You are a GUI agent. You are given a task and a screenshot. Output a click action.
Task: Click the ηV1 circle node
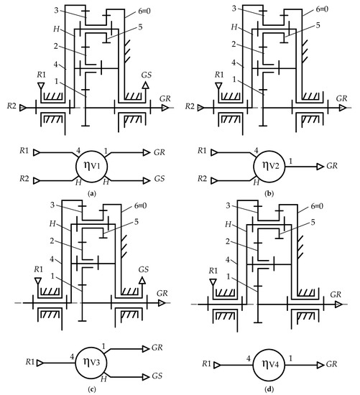pos(92,167)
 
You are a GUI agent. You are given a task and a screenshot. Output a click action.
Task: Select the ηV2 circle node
pos(269,167)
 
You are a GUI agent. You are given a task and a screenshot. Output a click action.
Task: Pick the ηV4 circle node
pos(269,365)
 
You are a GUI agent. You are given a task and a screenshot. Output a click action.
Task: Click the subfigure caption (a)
pos(91,194)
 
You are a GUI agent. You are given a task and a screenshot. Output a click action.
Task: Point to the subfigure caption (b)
pos(269,194)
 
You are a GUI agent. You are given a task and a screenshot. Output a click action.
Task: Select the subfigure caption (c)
pos(91,389)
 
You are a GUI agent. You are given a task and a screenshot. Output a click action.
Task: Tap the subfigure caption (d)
pos(269,389)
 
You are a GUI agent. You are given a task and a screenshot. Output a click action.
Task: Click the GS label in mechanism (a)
pos(147,75)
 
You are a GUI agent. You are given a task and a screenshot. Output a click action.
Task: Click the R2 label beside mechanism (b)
pos(190,106)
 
